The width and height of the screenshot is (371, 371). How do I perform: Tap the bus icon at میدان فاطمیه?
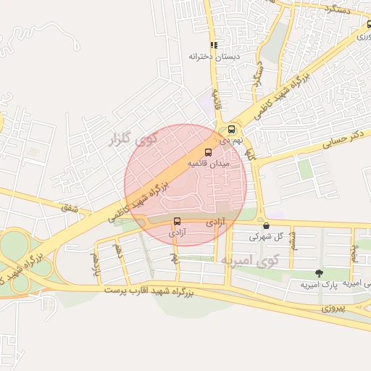209,153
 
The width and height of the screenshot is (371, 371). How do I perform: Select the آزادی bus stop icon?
178,222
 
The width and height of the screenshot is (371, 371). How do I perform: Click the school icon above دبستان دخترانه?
214,45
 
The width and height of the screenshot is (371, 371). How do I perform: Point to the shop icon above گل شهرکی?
266,225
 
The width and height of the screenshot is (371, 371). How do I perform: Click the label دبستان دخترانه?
214,56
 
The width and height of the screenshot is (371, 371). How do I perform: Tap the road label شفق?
70,209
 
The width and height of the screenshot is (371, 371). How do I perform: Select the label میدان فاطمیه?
209,164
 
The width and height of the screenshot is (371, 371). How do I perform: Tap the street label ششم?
293,237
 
